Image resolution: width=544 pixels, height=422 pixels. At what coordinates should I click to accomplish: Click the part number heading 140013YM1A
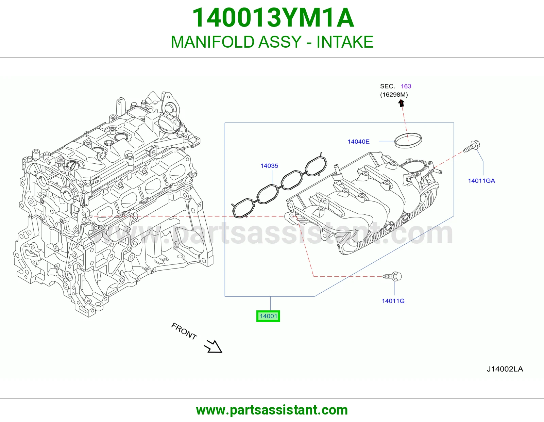[273, 18]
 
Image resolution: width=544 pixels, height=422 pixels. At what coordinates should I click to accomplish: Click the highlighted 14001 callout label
[268, 316]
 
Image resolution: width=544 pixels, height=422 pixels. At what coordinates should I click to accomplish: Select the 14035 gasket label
[269, 166]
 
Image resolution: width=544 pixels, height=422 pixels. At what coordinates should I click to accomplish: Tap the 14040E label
[358, 142]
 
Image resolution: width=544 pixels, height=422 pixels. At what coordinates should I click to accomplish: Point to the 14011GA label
[481, 181]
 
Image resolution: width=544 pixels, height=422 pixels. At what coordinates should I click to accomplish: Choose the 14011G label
[393, 301]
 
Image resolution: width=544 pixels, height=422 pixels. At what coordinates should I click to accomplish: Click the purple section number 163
[406, 86]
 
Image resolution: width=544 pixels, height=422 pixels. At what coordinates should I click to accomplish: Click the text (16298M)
[394, 95]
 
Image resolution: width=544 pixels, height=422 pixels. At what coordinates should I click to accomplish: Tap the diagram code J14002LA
[505, 369]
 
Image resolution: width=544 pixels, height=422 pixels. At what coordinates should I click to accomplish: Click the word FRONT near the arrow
[184, 331]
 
